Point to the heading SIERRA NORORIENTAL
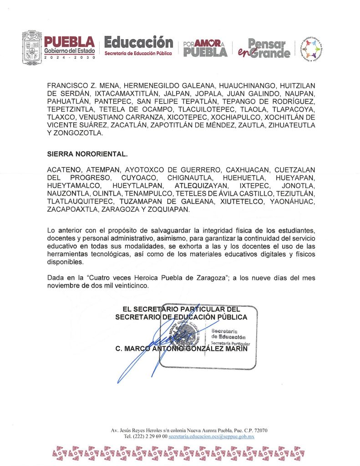tap(82, 154)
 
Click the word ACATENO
tap(64, 169)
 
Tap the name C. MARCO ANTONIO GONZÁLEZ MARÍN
tap(182, 349)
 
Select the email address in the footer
tap(211, 436)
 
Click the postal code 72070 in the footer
tap(259, 430)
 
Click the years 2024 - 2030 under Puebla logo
tap(70, 58)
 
